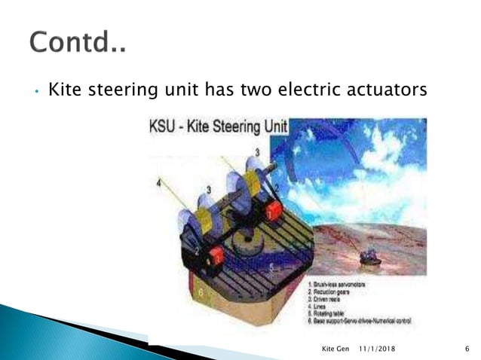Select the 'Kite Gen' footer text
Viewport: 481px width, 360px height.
click(336, 349)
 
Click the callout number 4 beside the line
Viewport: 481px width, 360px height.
click(158, 181)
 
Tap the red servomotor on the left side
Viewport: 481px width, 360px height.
click(216, 258)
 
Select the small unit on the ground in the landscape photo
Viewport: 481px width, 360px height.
click(369, 258)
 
